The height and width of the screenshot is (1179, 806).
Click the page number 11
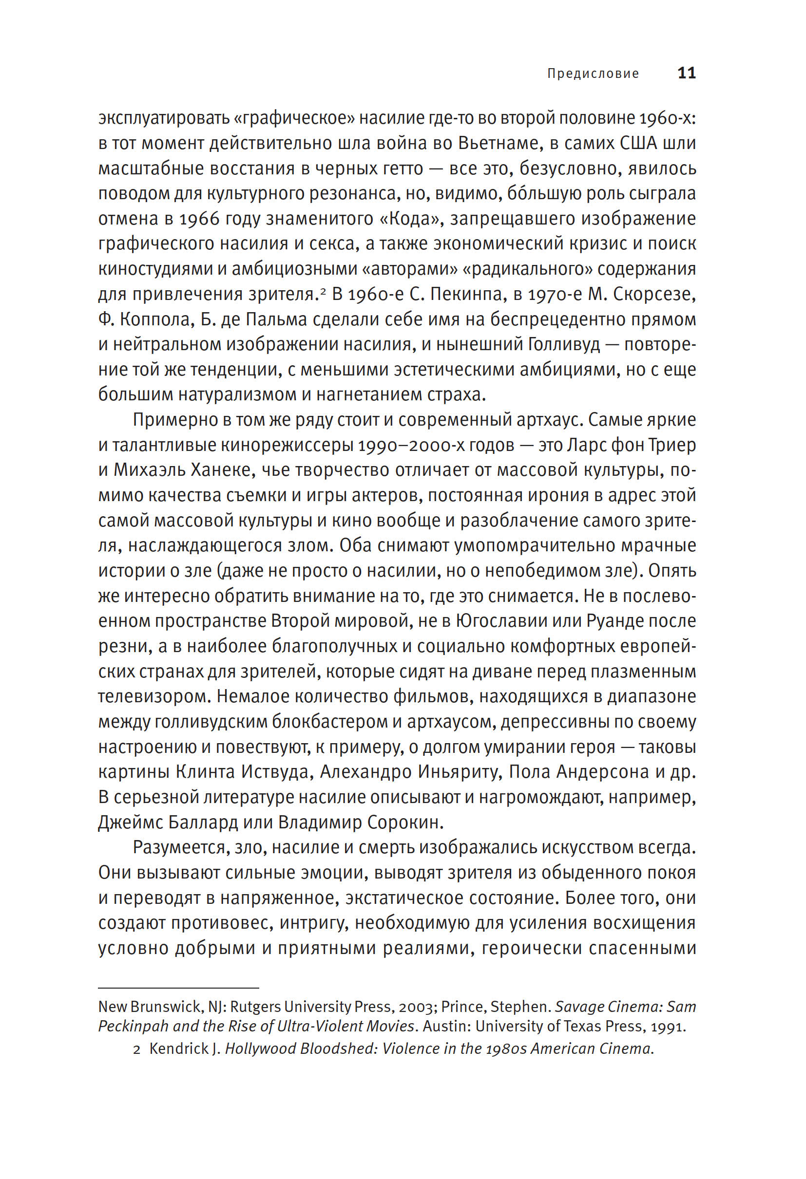point(686,73)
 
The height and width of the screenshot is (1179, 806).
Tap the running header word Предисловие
point(593,74)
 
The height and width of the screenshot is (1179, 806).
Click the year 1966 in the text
point(199,219)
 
